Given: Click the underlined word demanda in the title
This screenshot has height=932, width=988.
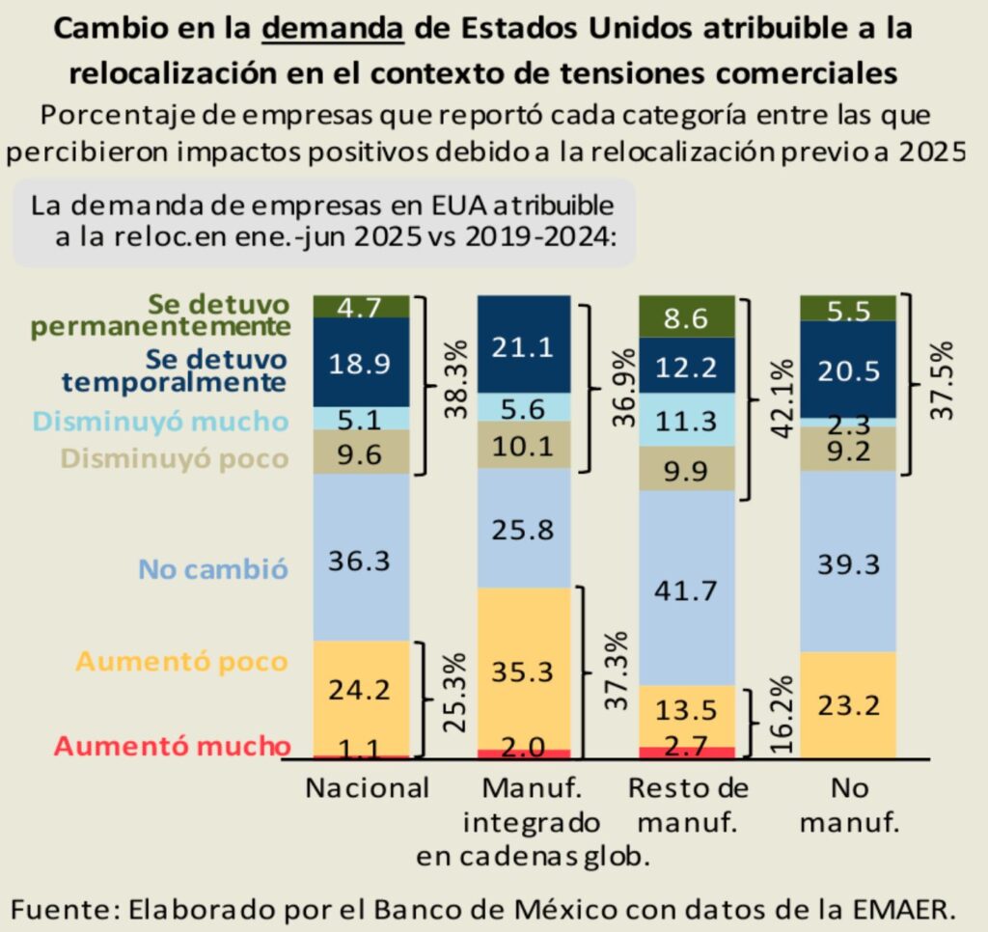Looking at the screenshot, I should [333, 28].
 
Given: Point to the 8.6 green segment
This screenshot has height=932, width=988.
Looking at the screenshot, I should [688, 316].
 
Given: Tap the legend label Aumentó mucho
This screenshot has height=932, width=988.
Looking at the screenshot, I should [171, 746].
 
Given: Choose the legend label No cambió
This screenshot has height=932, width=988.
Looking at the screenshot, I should [213, 568].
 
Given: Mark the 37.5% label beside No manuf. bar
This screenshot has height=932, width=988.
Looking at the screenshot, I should [942, 379].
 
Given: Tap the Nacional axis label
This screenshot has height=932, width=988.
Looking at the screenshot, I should [367, 788].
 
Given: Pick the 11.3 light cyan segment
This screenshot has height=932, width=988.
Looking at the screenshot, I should [688, 422].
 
